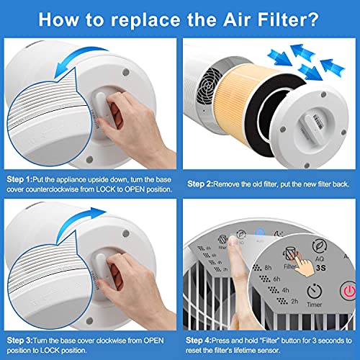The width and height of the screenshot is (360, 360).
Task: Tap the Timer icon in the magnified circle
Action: (x=313, y=292)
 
